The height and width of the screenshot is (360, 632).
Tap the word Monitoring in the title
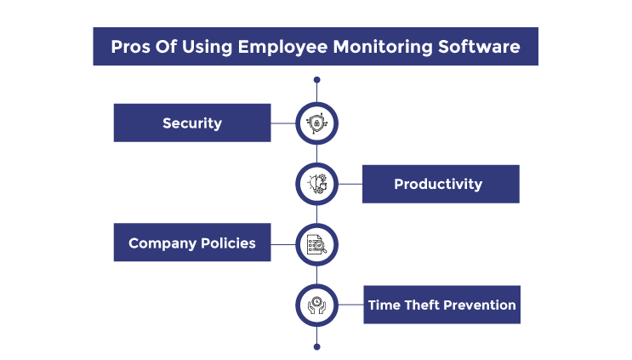[383, 48]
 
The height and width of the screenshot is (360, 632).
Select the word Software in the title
[479, 47]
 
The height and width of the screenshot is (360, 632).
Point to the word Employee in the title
[282, 48]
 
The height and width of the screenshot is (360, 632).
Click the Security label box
[192, 123]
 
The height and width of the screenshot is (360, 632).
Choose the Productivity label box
[441, 184]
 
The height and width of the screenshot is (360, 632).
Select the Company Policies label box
[192, 243]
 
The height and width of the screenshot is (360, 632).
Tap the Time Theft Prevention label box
[441, 305]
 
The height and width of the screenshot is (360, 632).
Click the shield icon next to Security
[316, 123]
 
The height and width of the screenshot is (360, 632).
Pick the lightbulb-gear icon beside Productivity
[316, 184]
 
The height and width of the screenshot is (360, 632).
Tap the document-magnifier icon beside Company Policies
[316, 245]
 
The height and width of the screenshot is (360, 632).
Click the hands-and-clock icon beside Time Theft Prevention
[316, 306]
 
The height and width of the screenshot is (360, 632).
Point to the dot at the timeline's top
[316, 80]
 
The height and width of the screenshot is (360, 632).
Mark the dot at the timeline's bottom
[316, 346]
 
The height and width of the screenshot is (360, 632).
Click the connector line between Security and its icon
[283, 123]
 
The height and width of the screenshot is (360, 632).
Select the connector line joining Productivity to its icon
[350, 184]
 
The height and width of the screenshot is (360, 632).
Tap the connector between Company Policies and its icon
[283, 245]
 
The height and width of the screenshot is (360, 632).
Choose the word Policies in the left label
[228, 243]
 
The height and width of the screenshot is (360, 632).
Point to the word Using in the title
[208, 48]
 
